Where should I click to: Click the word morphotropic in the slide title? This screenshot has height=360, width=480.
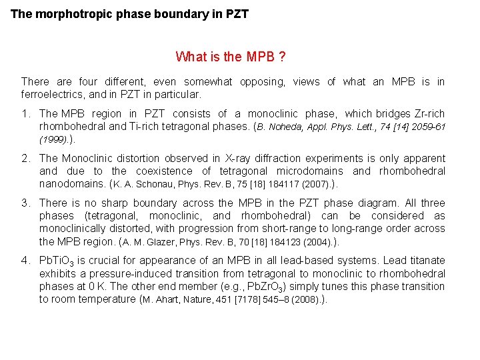point(67,13)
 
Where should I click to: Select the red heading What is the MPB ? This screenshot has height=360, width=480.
point(231,57)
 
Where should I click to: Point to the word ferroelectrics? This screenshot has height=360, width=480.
point(54,95)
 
